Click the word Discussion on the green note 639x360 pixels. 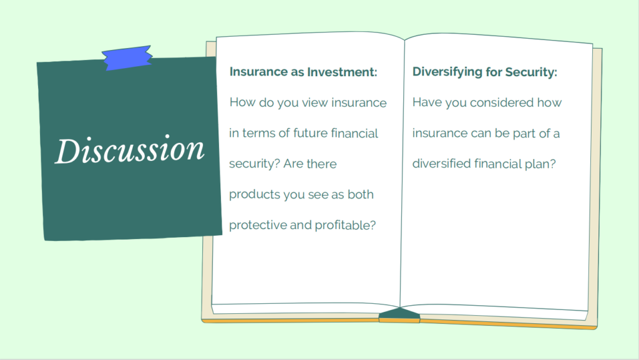pyautogui.click(x=130, y=150)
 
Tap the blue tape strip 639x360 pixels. pyautogui.click(x=127, y=58)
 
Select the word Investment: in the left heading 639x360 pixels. pyautogui.click(x=342, y=72)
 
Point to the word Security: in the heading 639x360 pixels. pyautogui.click(x=531, y=72)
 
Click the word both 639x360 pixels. pyautogui.click(x=361, y=194)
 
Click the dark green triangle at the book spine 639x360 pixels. pyautogui.click(x=399, y=313)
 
